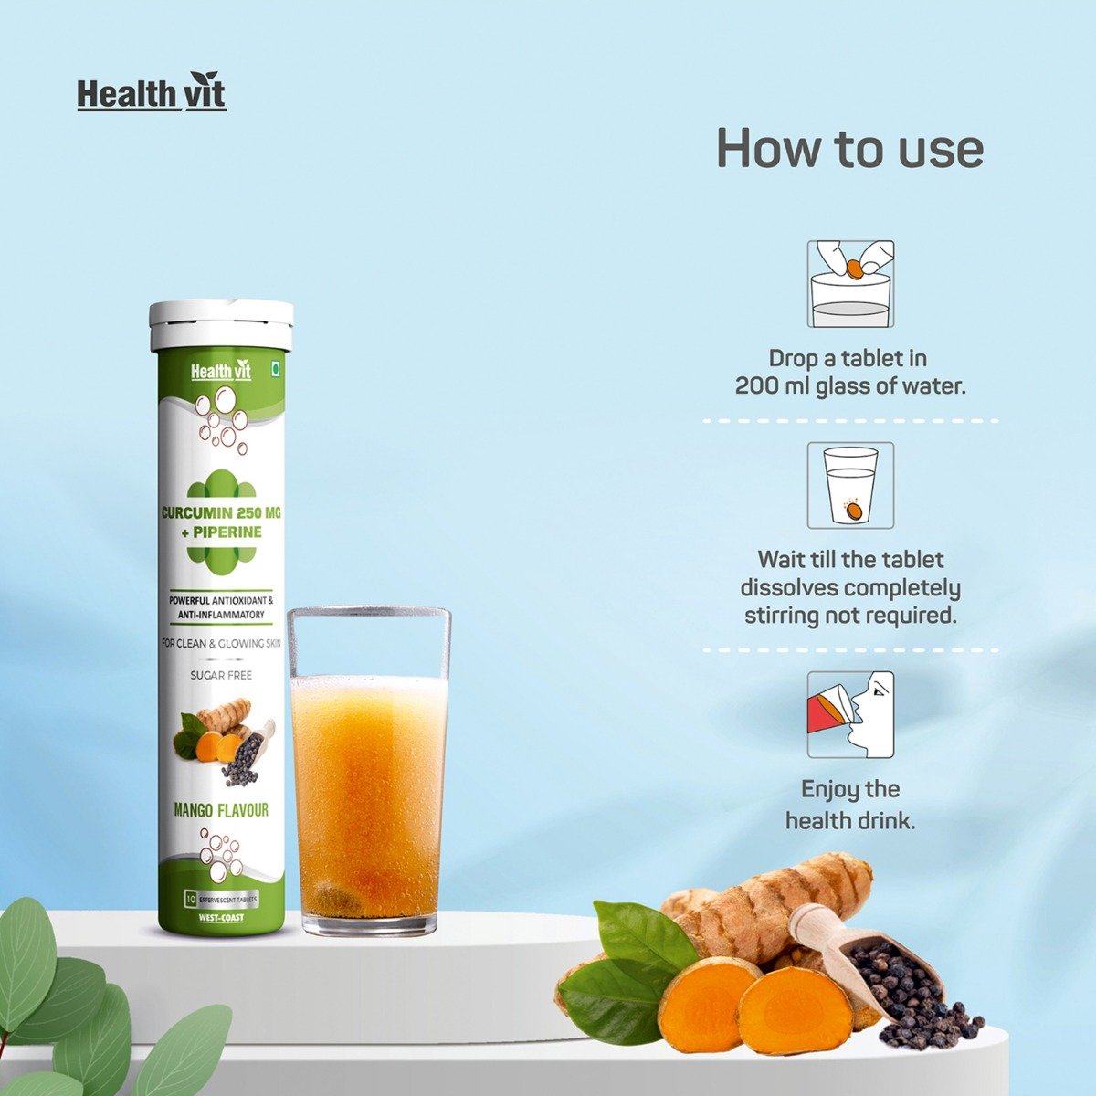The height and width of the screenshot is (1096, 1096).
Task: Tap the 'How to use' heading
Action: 850,148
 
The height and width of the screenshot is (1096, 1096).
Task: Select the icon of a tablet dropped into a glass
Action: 850,284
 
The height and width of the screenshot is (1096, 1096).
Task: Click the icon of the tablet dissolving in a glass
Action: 850,486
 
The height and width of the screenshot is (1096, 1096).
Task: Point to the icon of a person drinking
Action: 850,714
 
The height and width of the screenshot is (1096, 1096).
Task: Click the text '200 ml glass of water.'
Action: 850,386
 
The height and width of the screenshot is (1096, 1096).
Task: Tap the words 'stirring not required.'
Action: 850,616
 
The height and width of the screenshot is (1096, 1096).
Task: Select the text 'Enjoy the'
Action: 850,789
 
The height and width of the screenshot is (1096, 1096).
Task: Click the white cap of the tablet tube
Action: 221,327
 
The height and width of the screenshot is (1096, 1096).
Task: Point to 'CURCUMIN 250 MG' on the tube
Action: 221,513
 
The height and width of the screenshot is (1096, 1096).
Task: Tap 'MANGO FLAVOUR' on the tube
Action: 221,809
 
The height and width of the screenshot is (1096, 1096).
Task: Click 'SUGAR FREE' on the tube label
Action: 221,675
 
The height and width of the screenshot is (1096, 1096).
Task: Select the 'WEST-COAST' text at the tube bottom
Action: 221,918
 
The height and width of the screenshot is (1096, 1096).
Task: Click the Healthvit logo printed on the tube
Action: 221,372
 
